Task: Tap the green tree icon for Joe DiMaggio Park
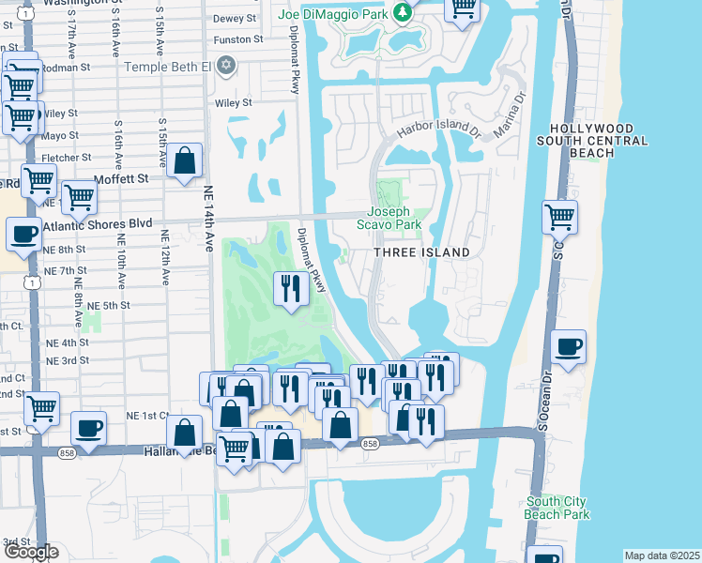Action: click(x=402, y=12)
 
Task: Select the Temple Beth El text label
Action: click(x=166, y=66)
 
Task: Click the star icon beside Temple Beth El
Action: click(x=225, y=66)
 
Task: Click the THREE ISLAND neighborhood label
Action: click(x=421, y=253)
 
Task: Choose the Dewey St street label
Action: click(x=237, y=18)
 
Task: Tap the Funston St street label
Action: click(x=237, y=39)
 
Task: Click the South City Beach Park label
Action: click(x=557, y=508)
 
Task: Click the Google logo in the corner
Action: click(x=30, y=553)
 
